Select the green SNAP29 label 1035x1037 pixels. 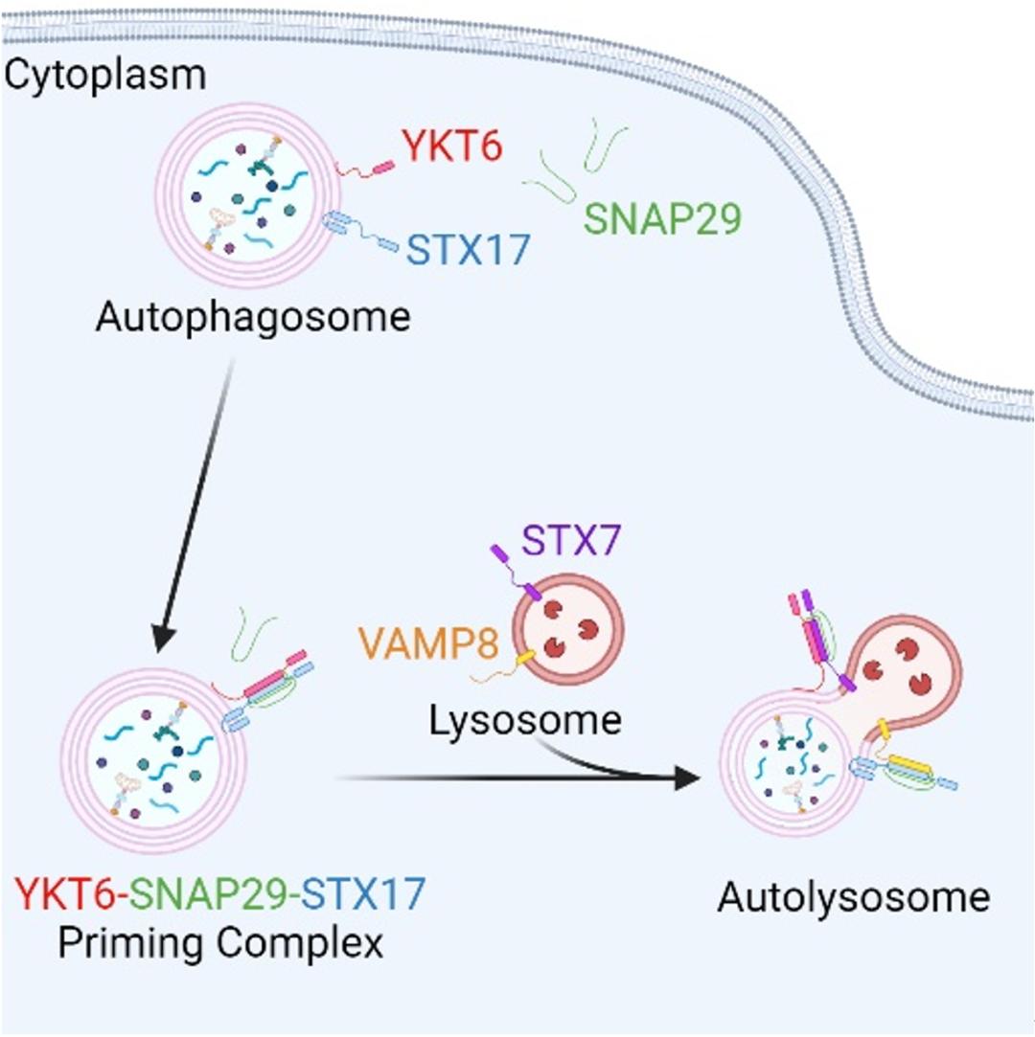pos(663,220)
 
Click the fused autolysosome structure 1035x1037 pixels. pos(824,737)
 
